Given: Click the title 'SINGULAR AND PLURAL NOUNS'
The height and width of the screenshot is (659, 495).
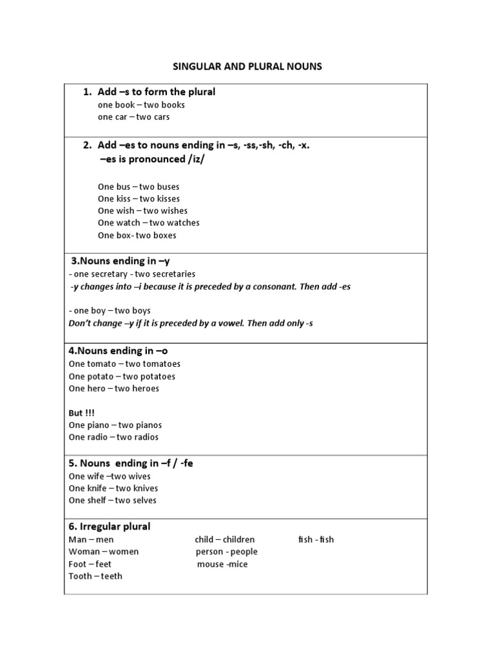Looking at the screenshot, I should coord(247,66).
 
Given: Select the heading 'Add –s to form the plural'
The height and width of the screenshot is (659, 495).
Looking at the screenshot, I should coord(156,92).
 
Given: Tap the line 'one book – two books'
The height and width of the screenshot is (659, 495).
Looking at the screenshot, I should coord(141,105).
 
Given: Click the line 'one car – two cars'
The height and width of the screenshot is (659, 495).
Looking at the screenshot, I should coord(133,117).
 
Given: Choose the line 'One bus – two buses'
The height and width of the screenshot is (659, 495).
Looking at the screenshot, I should coord(139,187).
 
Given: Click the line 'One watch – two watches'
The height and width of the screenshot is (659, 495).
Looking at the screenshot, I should coord(148,223).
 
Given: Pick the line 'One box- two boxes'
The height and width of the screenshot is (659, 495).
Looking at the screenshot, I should coord(137,236).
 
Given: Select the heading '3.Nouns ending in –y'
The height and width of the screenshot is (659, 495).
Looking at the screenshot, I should coord(121,261).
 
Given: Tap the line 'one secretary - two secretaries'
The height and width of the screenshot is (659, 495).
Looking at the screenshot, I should coord(132,274).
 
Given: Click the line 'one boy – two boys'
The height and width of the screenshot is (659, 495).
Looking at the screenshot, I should coord(110,310).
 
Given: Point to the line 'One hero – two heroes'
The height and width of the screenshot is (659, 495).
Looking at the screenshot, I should coord(113,389).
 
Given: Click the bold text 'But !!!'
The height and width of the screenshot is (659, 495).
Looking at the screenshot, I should coord(81,413).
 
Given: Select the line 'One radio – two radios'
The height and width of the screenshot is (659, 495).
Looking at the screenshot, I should coord(113,438).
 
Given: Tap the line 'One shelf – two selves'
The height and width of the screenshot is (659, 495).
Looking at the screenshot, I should coord(112,501).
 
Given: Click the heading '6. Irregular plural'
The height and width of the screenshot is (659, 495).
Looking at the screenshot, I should coord(109,526).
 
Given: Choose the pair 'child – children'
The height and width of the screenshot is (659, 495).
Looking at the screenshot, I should coord(224,539).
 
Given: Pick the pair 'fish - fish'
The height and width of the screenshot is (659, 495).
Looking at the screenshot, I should coord(316,539).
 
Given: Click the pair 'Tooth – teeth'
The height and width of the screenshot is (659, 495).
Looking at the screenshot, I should coord(95,576).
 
